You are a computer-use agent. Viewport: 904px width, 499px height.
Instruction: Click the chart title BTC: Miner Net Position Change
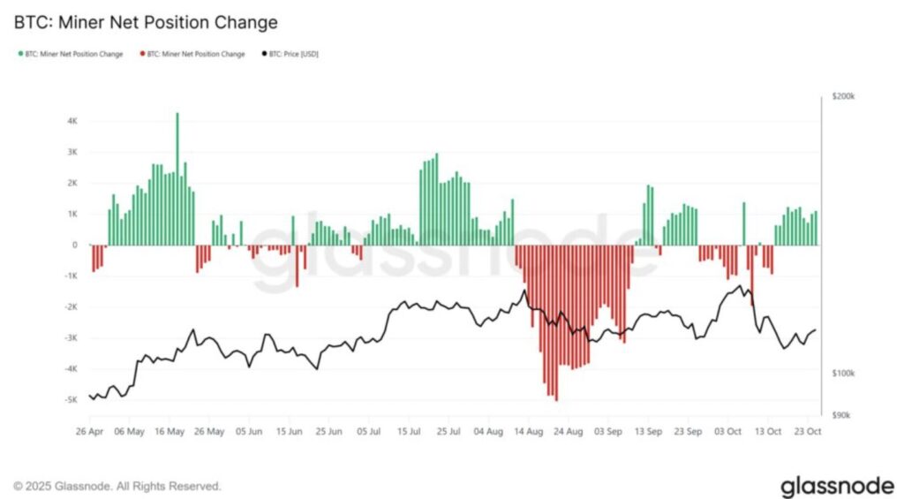145,22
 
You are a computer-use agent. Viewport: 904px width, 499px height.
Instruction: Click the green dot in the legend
19,55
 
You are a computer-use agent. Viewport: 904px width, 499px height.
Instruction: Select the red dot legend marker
142,55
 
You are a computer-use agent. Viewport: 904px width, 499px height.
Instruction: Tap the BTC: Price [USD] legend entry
290,55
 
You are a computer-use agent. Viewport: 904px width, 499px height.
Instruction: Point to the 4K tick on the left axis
72,121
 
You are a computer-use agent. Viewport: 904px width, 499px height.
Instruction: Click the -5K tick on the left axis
72,400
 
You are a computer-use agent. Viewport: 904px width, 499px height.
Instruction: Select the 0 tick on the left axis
75,245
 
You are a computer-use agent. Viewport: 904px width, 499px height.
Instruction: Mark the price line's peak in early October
739,286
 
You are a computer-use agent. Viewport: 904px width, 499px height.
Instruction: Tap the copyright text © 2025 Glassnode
117,487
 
